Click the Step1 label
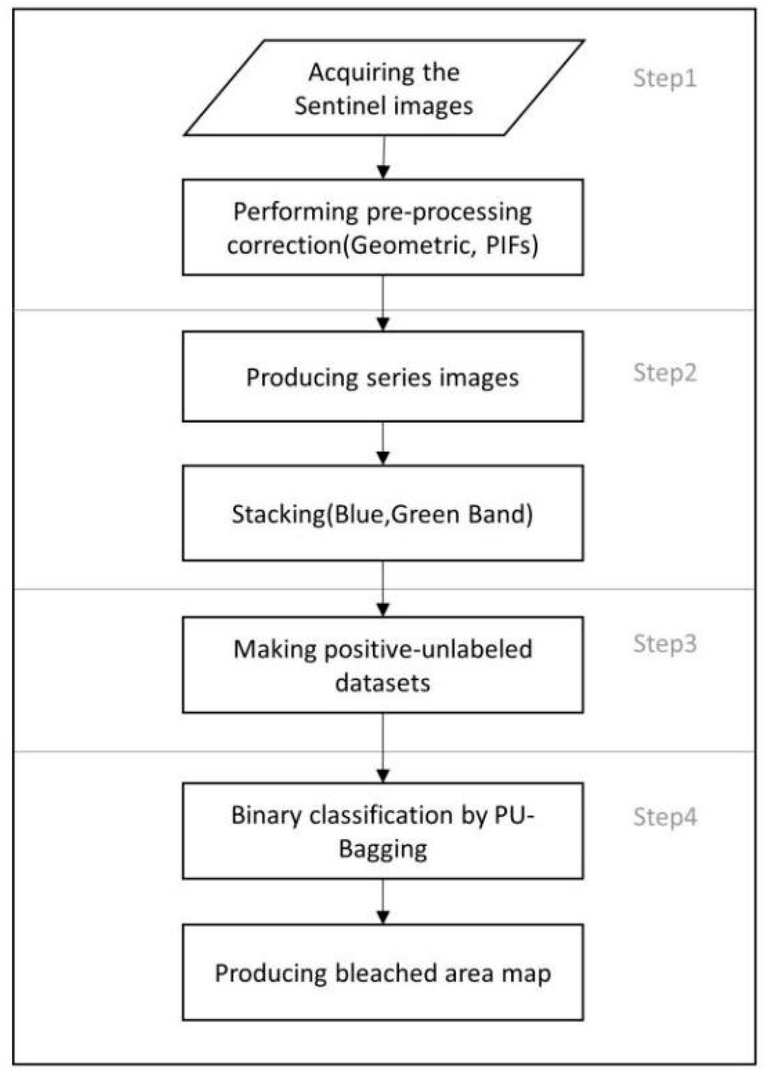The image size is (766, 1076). (x=664, y=78)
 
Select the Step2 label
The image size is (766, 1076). (x=664, y=373)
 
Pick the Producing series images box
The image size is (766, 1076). (x=382, y=376)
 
